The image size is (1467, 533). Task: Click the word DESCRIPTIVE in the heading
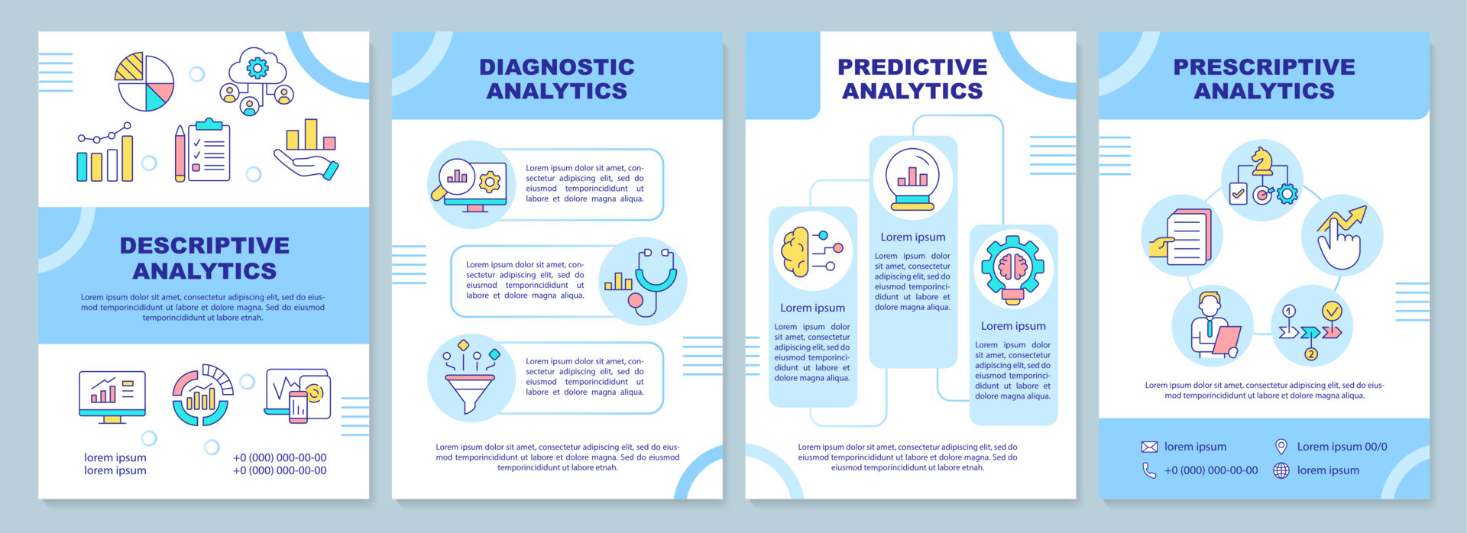pyautogui.click(x=205, y=245)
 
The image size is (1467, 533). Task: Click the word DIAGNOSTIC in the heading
pyautogui.click(x=557, y=67)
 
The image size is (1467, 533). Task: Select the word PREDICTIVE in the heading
pyautogui.click(x=912, y=67)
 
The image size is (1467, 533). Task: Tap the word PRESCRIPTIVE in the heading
pyautogui.click(x=1265, y=67)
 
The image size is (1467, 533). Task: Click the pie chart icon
pyautogui.click(x=144, y=82)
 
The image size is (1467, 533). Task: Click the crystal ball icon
pyautogui.click(x=913, y=179)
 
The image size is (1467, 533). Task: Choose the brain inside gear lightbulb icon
pyautogui.click(x=1013, y=270)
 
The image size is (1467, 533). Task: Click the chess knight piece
pyautogui.click(x=1262, y=160)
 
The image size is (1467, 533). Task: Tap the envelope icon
pyautogui.click(x=1149, y=447)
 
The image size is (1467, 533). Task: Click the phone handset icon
pyautogui.click(x=1149, y=470)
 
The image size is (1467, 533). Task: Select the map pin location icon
pyautogui.click(x=1281, y=447)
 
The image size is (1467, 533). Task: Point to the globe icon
pyautogui.click(x=1281, y=470)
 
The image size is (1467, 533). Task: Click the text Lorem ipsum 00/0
pyautogui.click(x=1342, y=447)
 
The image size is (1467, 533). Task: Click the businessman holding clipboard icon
pyautogui.click(x=1215, y=325)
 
